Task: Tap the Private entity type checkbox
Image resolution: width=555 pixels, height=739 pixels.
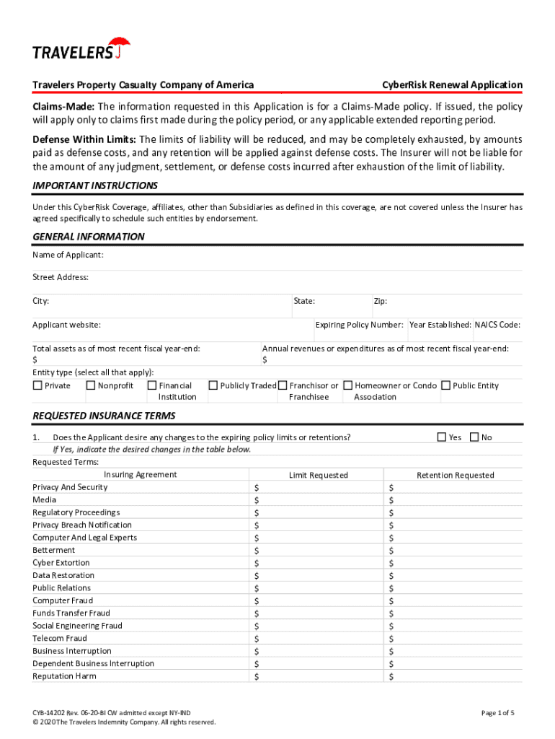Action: [x=37, y=385]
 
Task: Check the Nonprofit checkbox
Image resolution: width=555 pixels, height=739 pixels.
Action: [x=91, y=385]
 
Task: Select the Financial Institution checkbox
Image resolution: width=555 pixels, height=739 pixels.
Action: [x=151, y=385]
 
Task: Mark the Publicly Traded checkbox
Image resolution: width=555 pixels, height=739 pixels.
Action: [x=213, y=385]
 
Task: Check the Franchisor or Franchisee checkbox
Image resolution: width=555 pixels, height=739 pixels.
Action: [x=283, y=385]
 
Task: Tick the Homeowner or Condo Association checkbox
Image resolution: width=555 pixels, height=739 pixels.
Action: [x=348, y=385]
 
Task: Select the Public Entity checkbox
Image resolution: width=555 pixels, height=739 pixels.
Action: [x=445, y=385]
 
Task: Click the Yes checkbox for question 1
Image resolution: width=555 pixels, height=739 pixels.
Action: [x=442, y=437]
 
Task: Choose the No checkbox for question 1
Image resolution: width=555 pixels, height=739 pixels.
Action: [x=474, y=437]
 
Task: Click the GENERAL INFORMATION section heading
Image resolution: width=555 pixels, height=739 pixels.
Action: [x=89, y=237]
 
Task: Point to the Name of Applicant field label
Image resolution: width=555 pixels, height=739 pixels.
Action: [x=68, y=255]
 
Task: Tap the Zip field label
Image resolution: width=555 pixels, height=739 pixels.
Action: [x=381, y=301]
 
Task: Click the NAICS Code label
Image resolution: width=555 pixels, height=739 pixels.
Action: [x=497, y=325]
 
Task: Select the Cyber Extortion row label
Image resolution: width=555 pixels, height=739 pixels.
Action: [x=61, y=563]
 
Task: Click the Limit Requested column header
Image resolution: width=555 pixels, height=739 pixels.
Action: [x=318, y=475]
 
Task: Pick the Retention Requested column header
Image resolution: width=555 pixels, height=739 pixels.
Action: [x=456, y=475]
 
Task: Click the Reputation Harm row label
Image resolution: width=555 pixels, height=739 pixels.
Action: [x=64, y=676]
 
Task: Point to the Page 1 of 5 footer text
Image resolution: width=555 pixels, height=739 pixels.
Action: [x=497, y=713]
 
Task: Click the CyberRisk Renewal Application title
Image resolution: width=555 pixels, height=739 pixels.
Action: [x=452, y=85]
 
